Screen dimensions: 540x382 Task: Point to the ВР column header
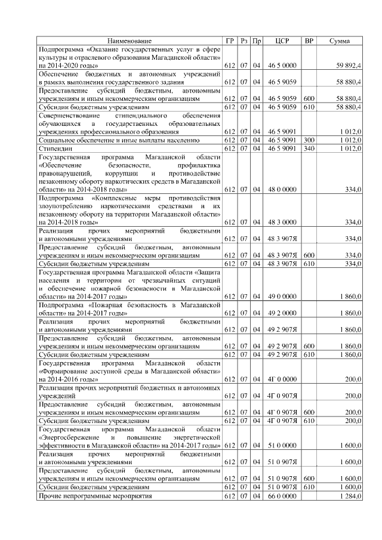click(309, 41)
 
